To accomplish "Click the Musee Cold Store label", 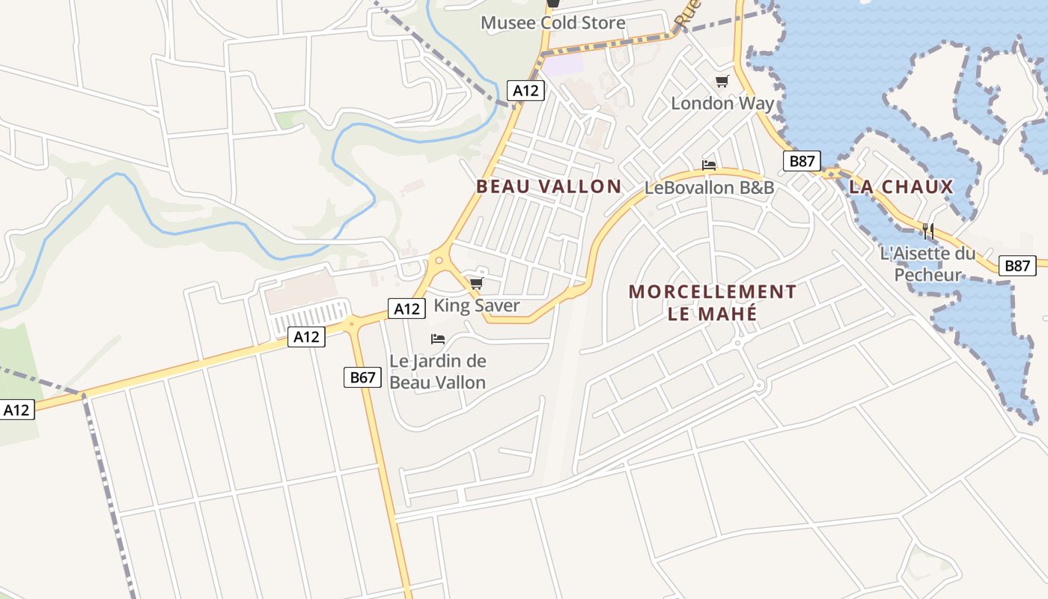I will coord(552,23).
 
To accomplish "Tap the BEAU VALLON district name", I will coord(549,186).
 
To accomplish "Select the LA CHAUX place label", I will coord(901,186).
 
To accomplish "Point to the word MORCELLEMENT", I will coord(712,291).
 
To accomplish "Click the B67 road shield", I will coord(362,377).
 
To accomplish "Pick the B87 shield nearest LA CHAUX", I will coord(802,161).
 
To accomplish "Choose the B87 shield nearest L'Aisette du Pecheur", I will coord(1018,265).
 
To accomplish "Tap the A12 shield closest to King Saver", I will coord(406,308).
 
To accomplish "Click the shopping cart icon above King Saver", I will coord(476,283).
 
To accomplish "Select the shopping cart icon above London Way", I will coord(722,81).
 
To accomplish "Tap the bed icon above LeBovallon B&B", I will coord(709,165).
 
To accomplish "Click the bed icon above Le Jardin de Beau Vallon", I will coord(438,339).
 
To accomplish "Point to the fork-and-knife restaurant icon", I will coord(927,231).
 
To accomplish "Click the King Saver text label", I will coord(477,305).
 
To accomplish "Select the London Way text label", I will coord(722,103).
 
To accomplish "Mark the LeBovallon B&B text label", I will coord(709,187).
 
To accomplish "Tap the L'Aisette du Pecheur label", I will coord(927,264).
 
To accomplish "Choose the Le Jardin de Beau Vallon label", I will coord(437,371).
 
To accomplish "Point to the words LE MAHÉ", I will coord(712,313).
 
